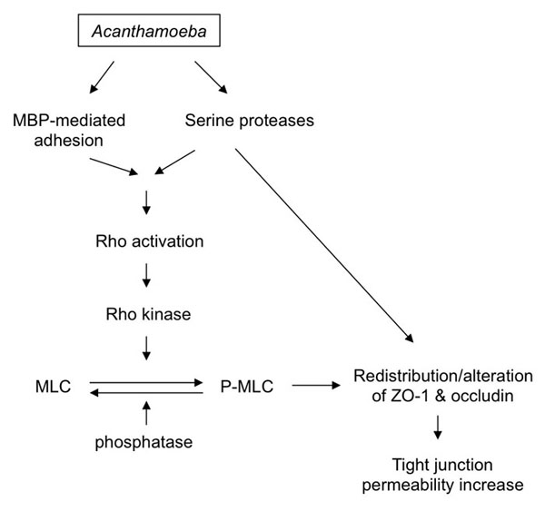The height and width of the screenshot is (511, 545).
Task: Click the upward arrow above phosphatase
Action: [x=147, y=413]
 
